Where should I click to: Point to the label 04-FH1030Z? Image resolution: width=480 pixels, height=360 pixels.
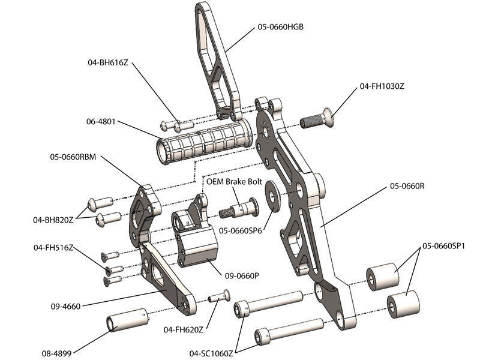tap(382, 86)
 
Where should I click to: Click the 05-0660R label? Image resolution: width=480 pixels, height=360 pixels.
tap(407, 186)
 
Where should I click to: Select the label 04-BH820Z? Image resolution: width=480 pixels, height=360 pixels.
tap(53, 220)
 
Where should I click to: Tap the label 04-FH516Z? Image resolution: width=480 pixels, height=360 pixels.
tap(53, 247)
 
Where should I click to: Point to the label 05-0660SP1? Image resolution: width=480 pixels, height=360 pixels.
tap(445, 245)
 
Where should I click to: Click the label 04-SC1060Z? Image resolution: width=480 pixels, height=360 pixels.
tap(211, 353)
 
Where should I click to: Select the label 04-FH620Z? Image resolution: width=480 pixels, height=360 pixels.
tap(184, 329)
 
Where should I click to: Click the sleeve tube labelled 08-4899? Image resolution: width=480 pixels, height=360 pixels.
tap(127, 320)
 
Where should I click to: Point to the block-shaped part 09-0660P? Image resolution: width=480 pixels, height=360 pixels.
tap(195, 246)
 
